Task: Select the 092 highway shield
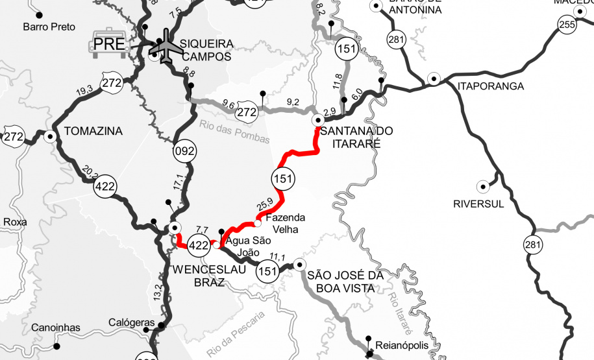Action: tap(184, 152)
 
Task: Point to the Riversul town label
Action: tap(479, 204)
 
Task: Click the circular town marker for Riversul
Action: tap(483, 187)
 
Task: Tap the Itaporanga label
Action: tap(481, 86)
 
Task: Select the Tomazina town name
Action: tap(93, 131)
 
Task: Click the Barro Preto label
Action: tap(49, 27)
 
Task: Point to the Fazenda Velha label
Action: tap(286, 223)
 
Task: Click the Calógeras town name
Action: tap(132, 322)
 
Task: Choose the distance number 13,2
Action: tap(156, 291)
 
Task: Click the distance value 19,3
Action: tap(85, 90)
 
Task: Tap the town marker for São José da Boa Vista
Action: tap(299, 264)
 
